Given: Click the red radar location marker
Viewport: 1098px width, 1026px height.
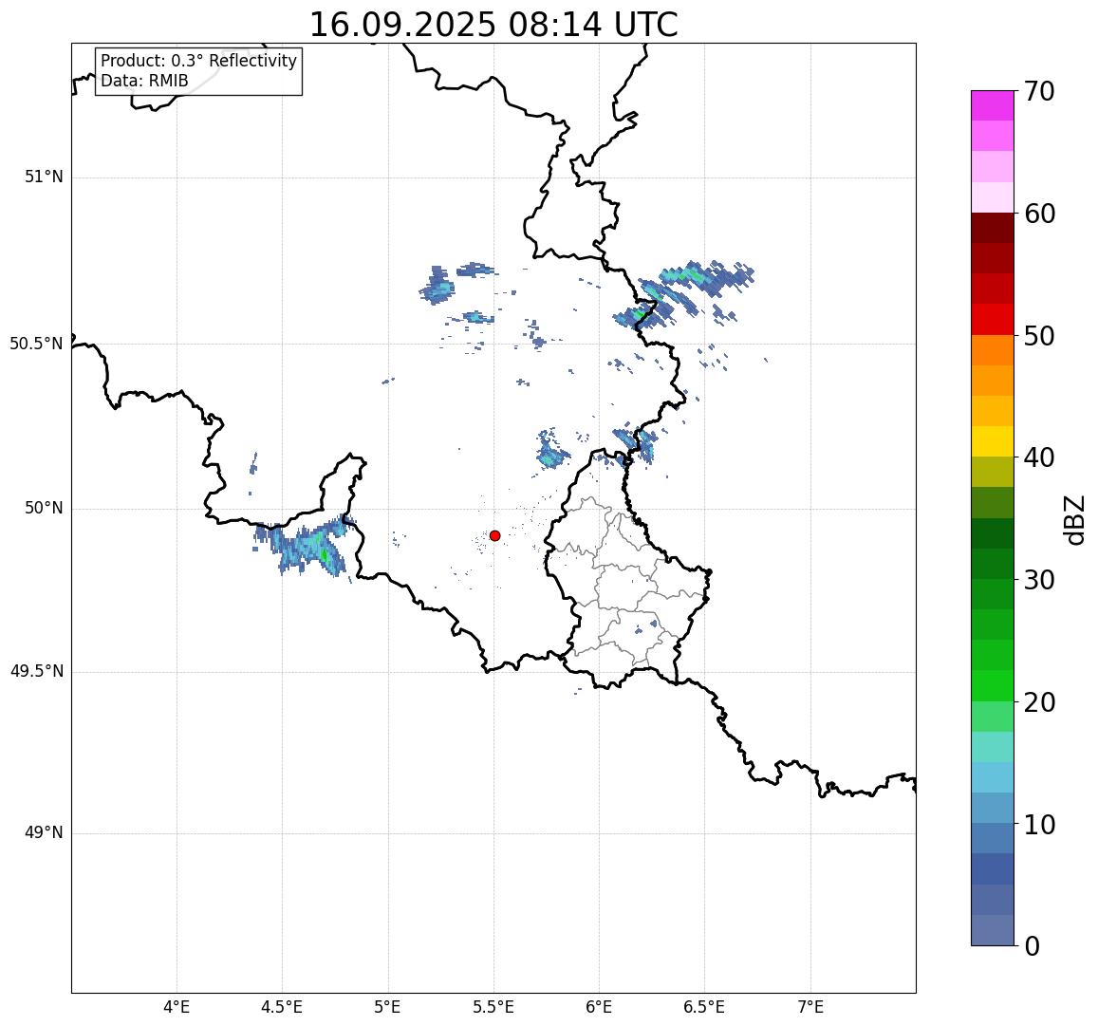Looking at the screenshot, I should [494, 535].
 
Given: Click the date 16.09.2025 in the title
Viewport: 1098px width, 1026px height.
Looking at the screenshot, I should [401, 25].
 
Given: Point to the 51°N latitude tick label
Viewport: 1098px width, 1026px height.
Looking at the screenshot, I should [44, 177].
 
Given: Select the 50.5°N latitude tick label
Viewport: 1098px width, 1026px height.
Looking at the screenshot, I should [36, 344].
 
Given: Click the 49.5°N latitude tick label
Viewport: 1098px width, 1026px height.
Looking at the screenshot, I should [36, 672].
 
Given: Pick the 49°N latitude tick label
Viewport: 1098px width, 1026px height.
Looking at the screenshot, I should [44, 833].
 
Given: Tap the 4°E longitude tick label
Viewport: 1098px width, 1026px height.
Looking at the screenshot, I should [177, 1006].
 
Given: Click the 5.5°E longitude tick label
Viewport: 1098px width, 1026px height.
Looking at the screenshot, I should [493, 1006].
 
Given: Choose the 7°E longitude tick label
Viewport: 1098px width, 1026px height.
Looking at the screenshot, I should [810, 1006].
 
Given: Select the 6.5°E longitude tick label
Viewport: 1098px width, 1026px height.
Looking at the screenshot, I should [704, 1006].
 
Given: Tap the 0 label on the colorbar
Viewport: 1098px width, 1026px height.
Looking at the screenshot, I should [1033, 946].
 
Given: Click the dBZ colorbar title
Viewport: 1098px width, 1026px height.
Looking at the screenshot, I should [1074, 520].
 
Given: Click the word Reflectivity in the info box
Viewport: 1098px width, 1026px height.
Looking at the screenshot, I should [251, 62].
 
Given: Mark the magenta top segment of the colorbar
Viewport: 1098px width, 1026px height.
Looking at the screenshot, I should [992, 105].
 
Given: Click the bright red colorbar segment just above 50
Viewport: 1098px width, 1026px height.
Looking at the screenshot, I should [992, 320].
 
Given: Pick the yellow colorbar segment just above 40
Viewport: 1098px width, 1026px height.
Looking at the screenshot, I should [992, 441].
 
